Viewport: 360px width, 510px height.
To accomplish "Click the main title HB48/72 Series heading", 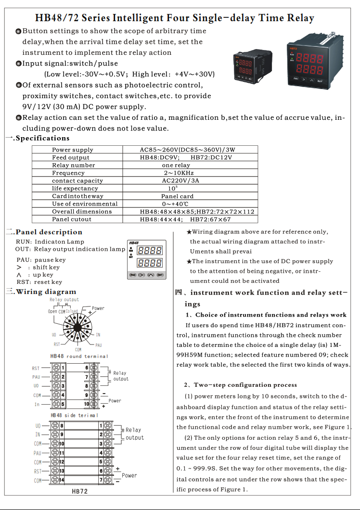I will tap(175, 18).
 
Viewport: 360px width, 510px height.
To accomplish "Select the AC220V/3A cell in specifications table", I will tap(180, 180).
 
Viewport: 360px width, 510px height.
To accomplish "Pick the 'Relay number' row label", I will tap(74, 165).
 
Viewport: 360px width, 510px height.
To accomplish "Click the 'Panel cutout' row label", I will tap(72, 219).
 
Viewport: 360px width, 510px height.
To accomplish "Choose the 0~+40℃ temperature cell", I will tap(178, 204).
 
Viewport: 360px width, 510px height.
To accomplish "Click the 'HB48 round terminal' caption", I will tap(79, 357).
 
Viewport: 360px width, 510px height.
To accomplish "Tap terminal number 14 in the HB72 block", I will tap(62, 480).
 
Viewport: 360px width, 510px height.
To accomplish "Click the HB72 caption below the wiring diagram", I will tap(80, 491).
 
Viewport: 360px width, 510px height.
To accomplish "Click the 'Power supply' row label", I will tap(73, 150).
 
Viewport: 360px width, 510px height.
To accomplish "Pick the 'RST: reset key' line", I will tap(39, 282).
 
